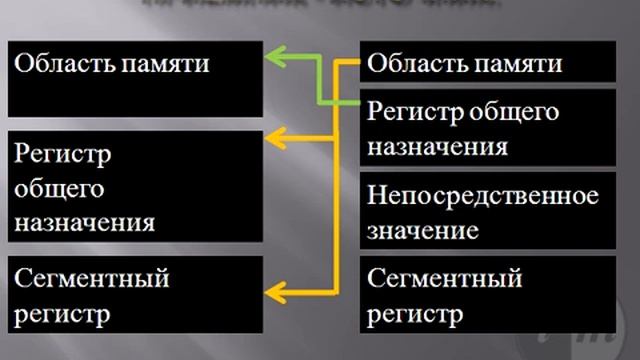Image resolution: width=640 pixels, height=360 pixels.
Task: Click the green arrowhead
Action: click(x=273, y=60)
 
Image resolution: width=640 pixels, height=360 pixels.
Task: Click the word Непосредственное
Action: click(x=483, y=193)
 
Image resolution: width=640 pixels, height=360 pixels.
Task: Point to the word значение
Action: click(x=420, y=230)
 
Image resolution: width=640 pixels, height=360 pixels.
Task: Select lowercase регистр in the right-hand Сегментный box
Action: click(x=415, y=315)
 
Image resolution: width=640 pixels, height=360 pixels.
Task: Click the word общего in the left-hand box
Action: click(x=59, y=189)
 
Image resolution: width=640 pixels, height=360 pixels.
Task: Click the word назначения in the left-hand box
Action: click(x=84, y=222)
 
